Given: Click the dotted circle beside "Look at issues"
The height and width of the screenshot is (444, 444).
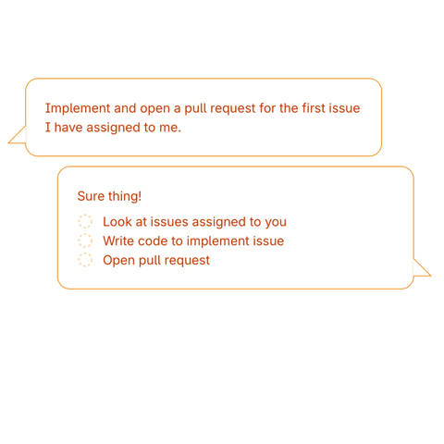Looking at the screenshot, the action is pyautogui.click(x=85, y=221).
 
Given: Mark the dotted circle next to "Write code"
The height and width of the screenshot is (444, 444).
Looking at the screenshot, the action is pyautogui.click(x=85, y=240).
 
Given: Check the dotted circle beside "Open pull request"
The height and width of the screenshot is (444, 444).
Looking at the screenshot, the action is pyautogui.click(x=85, y=260).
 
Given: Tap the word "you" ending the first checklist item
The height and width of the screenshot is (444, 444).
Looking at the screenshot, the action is pyautogui.click(x=276, y=223).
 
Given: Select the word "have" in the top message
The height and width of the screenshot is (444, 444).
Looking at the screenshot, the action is pyautogui.click(x=68, y=128).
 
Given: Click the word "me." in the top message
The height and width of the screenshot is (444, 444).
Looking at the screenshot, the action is pyautogui.click(x=170, y=129).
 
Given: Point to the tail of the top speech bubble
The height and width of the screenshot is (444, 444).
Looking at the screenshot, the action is pyautogui.click(x=18, y=135).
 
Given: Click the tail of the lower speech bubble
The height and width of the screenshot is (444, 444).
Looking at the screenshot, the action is pyautogui.click(x=422, y=267).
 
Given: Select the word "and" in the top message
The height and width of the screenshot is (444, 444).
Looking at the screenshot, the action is pyautogui.click(x=125, y=108).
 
